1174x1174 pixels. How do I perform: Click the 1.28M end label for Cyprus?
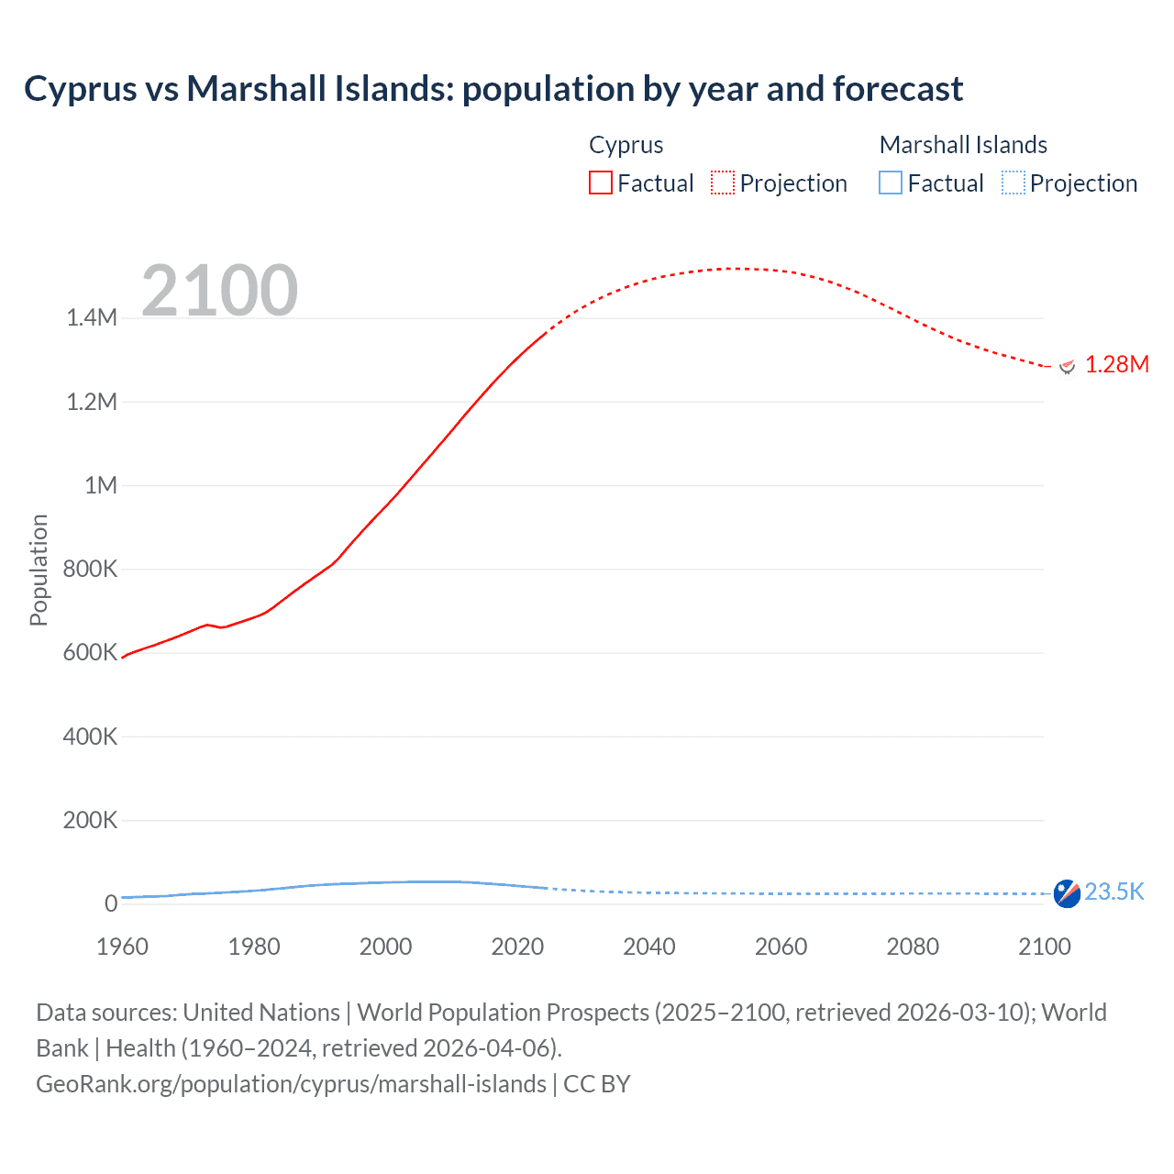(x=1116, y=364)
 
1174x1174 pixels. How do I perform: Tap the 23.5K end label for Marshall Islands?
(x=1114, y=892)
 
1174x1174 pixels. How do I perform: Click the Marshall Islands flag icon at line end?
(x=1067, y=892)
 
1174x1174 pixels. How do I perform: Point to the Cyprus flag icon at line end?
(x=1067, y=366)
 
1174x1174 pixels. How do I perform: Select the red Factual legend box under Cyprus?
(x=600, y=183)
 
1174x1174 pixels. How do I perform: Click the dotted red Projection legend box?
(x=723, y=183)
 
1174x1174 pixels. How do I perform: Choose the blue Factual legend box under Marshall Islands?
(x=890, y=183)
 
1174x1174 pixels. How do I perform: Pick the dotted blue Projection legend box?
(x=1013, y=183)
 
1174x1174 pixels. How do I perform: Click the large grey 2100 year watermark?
(x=219, y=290)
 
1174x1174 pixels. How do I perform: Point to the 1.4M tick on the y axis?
(x=92, y=318)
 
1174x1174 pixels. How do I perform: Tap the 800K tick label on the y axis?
(x=90, y=569)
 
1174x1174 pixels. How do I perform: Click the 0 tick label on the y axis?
(x=110, y=903)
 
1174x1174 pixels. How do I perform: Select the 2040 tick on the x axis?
(x=648, y=947)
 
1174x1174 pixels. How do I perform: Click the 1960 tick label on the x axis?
(x=122, y=947)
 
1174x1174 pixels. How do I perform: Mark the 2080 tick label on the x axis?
(x=912, y=947)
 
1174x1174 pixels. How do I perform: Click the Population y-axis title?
(x=38, y=570)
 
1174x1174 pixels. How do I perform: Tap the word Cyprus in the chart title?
(x=80, y=89)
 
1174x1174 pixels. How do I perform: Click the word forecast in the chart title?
(x=898, y=89)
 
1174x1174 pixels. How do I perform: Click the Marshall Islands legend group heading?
(x=962, y=145)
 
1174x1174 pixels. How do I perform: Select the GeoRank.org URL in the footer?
(x=291, y=1083)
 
